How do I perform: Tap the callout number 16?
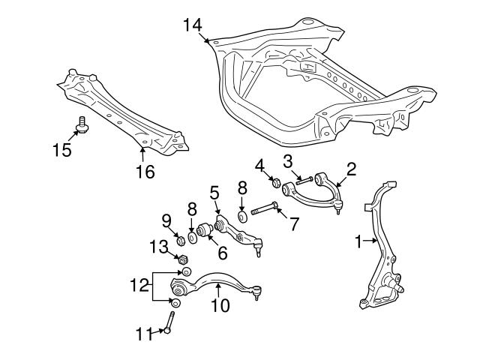tap(144, 172)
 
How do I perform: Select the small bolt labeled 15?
tap(82, 125)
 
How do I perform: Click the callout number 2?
tap(350, 169)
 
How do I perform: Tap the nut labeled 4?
tap(275, 181)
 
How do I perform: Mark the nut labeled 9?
tap(180, 239)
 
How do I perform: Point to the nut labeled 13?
tap(181, 259)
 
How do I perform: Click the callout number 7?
tap(295, 223)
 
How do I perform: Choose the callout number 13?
tap(157, 245)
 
